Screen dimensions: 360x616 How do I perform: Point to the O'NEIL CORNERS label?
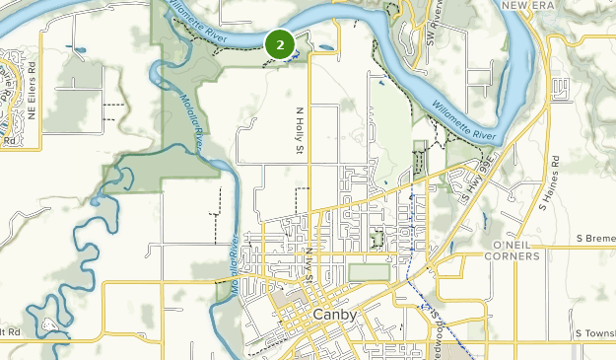[x=513, y=250]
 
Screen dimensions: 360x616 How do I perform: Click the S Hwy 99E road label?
[x=479, y=179]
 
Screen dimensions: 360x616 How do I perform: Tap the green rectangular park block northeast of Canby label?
[x=369, y=271]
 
